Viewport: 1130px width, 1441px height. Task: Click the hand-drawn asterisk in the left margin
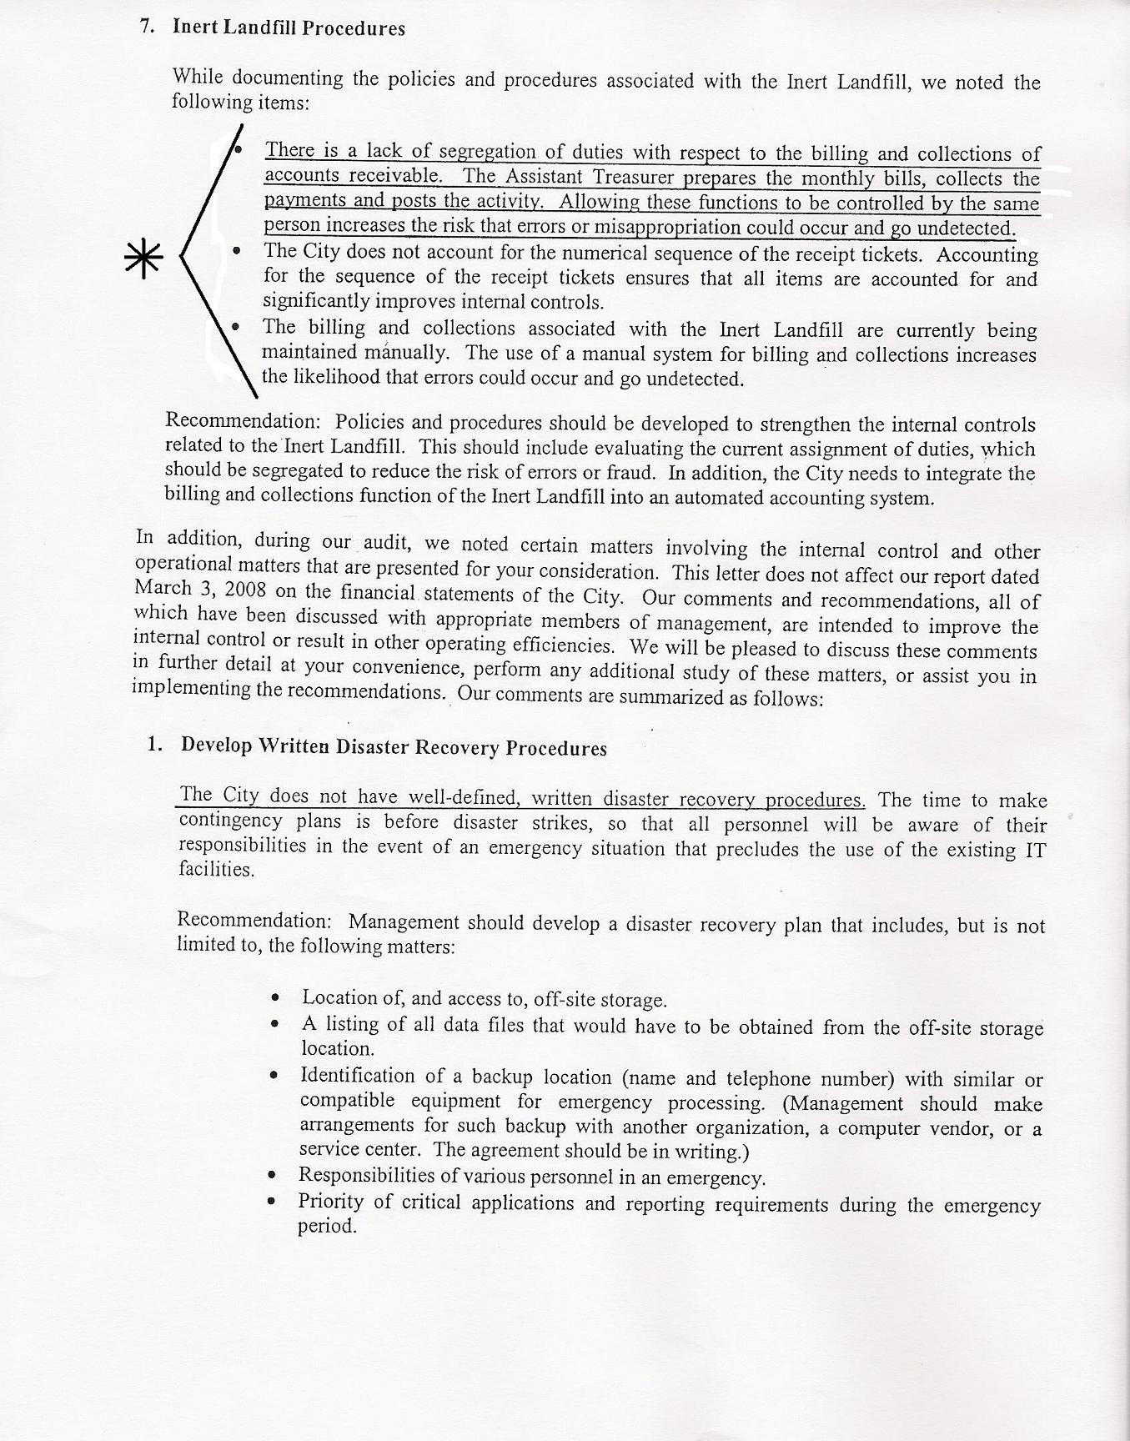click(x=143, y=259)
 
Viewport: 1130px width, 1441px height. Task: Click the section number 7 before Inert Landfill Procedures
click(x=147, y=27)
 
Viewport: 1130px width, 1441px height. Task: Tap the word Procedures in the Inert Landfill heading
click(x=354, y=28)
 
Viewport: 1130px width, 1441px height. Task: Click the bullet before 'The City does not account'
click(x=239, y=250)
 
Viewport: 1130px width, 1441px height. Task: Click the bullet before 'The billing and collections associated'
click(x=237, y=327)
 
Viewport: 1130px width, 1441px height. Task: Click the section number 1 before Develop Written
click(x=153, y=744)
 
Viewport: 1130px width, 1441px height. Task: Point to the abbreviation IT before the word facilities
click(x=1034, y=850)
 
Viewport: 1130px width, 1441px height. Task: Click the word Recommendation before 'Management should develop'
click(x=254, y=921)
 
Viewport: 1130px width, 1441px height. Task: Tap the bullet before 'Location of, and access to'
click(x=276, y=997)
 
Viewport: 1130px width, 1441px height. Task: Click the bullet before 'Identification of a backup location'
click(x=274, y=1076)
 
